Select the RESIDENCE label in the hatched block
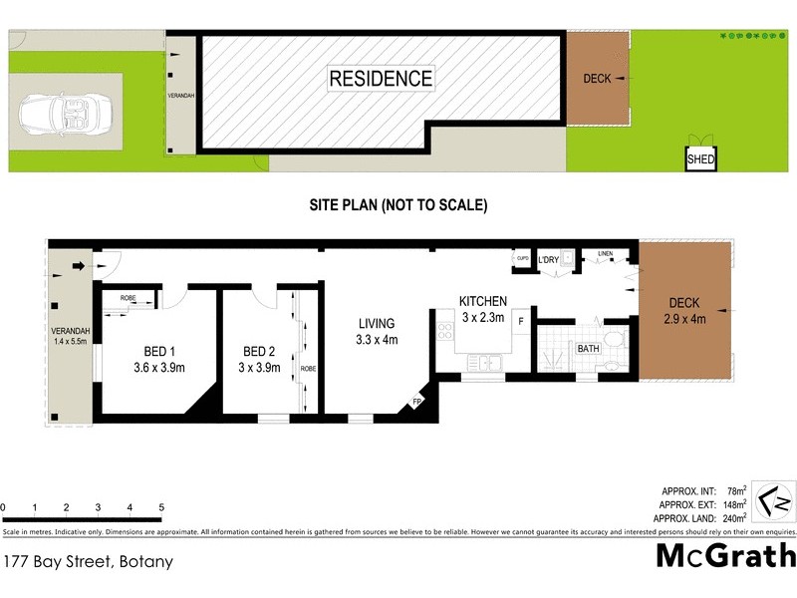(x=381, y=78)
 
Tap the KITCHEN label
(x=482, y=301)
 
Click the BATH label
(x=587, y=349)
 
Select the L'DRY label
(x=548, y=261)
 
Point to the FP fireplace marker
(x=416, y=403)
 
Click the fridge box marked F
(x=519, y=321)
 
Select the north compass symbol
(x=774, y=501)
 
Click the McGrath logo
(x=725, y=555)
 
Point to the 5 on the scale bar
(x=160, y=508)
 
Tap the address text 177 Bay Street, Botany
(x=87, y=561)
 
